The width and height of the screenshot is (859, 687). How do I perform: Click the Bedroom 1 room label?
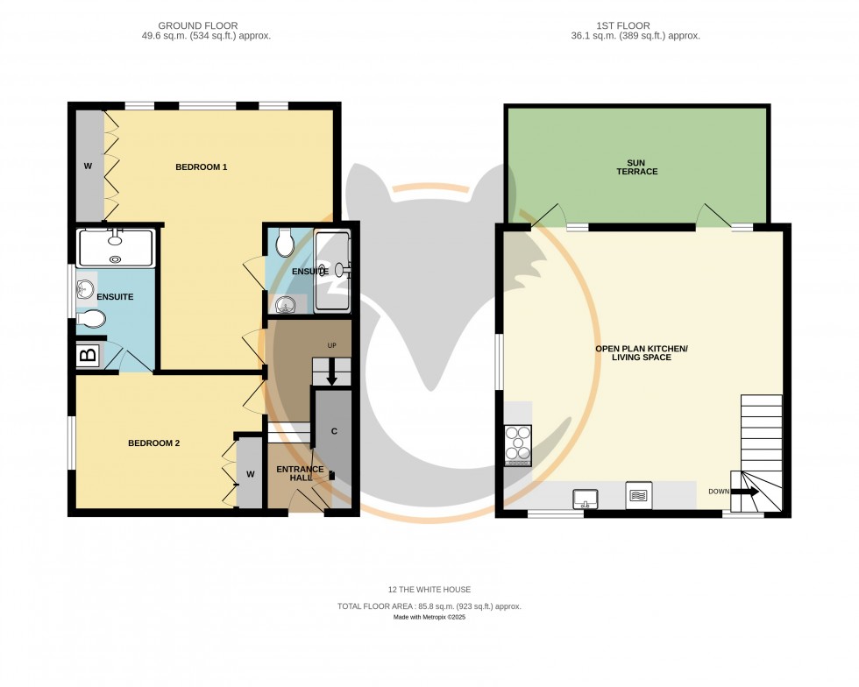(x=201, y=166)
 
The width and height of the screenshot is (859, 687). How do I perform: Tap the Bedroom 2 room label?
(x=153, y=443)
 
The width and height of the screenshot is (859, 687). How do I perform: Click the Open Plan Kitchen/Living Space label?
(x=642, y=353)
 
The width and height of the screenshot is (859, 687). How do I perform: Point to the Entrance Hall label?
(x=300, y=474)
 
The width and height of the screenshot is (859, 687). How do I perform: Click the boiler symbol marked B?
(x=88, y=356)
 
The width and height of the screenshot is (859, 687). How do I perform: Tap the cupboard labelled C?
(x=334, y=431)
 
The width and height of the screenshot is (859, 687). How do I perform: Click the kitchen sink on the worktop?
(x=585, y=499)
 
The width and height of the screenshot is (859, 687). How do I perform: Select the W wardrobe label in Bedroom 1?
(x=88, y=166)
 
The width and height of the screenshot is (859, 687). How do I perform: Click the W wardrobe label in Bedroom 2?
(x=250, y=474)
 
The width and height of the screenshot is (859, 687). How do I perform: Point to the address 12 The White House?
(x=429, y=589)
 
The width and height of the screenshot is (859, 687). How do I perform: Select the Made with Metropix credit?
(x=429, y=618)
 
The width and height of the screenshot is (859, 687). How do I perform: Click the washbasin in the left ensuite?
(x=86, y=288)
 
